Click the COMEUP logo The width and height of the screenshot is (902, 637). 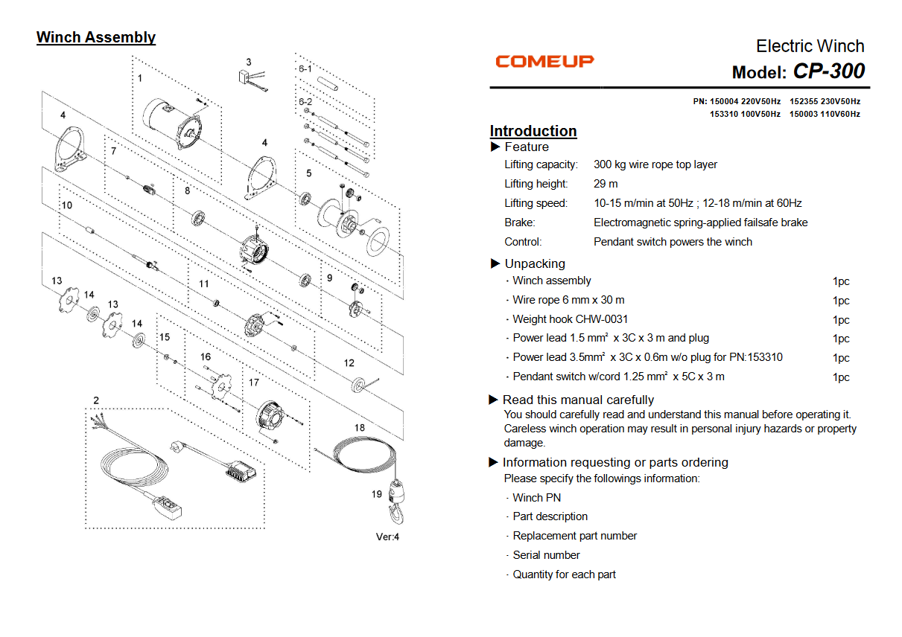point(544,61)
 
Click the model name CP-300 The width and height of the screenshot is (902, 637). point(828,71)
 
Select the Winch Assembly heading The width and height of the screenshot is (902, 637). point(96,37)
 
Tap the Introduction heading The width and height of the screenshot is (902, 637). point(533,131)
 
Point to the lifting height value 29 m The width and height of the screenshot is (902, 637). point(606,184)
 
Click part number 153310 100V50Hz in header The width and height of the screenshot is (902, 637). point(745,114)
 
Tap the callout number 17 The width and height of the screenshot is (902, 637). point(254,382)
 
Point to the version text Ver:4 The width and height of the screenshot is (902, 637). point(387,537)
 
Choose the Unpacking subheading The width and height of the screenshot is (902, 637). point(534,263)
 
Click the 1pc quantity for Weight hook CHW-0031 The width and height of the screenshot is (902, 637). point(841,320)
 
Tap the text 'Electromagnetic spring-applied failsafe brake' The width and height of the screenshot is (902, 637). point(700,223)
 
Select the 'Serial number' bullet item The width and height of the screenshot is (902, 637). point(546,555)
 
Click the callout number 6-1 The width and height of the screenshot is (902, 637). point(305,68)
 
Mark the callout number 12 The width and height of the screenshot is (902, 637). point(349,363)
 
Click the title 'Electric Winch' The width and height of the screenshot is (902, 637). point(810,46)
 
